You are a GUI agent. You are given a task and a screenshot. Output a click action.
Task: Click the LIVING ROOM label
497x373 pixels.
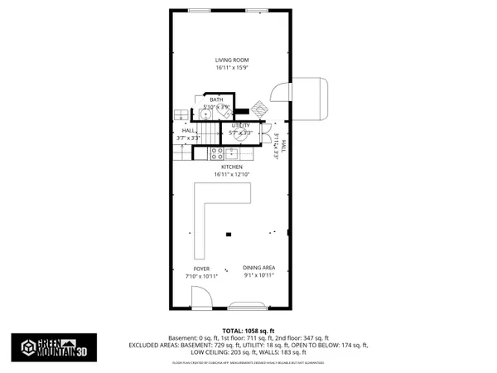coord(232,61)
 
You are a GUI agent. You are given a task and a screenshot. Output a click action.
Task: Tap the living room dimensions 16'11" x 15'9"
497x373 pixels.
coord(232,68)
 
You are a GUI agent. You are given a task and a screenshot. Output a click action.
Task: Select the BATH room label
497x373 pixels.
coord(215,99)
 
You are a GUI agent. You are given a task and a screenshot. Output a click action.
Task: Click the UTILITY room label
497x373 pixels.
coord(241,125)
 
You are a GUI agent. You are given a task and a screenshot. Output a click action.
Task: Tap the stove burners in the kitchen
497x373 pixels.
coord(217,153)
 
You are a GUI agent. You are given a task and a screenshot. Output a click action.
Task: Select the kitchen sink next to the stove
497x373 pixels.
coord(235,153)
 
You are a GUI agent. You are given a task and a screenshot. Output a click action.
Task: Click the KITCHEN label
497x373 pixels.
coord(231,167)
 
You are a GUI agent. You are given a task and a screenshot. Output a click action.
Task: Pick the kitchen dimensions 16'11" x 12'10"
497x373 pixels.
coord(231,175)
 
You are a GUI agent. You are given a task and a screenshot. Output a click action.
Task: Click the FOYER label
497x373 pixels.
coord(201,269)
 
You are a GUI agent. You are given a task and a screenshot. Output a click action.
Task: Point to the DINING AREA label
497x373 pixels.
coord(258,268)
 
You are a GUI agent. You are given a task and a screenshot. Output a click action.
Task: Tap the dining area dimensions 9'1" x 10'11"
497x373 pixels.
coord(258,275)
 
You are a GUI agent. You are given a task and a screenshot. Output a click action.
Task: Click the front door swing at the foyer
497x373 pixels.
coord(200,296)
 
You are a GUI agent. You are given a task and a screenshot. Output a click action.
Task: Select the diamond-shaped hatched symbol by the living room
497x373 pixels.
coord(261,109)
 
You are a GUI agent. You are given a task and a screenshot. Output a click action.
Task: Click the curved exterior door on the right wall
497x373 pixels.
coord(311,98)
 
